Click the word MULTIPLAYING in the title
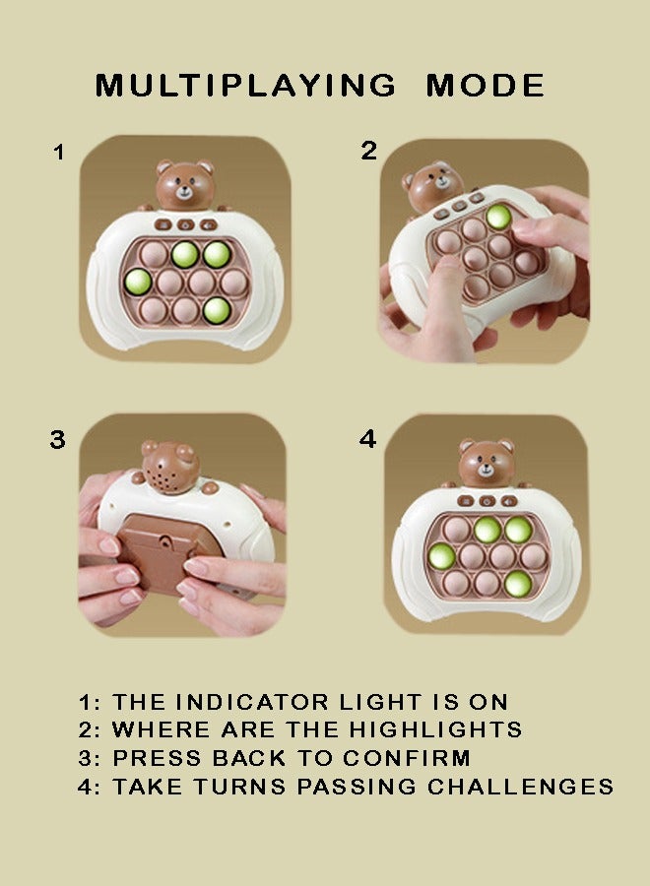coord(246,86)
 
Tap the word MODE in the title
coord(485,86)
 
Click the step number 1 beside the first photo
coord(59,153)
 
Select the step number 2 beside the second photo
coord(369,151)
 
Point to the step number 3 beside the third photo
coord(58,440)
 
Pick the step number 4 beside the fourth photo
coord(368,438)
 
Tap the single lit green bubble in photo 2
coord(498,217)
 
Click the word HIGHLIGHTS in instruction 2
coord(435,729)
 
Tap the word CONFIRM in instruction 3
coord(407,758)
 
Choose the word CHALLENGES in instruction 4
coord(521,787)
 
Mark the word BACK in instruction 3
coord(249,758)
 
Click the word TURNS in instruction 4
coord(239,787)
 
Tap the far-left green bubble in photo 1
coord(138,282)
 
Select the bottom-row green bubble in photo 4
coord(518,584)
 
